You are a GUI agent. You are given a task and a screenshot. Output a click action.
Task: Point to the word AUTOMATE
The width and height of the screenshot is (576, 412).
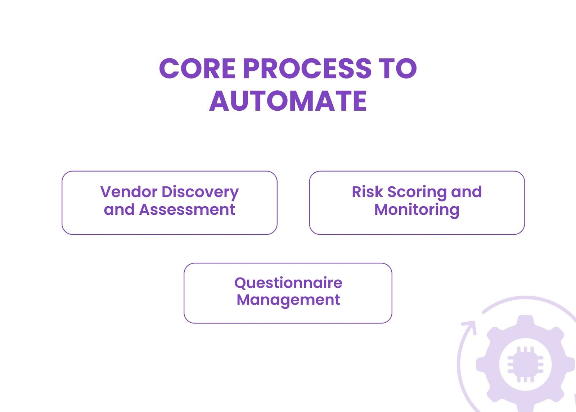pyautogui.click(x=288, y=101)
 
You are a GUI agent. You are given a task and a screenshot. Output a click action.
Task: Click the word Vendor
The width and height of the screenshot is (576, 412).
pyautogui.click(x=129, y=192)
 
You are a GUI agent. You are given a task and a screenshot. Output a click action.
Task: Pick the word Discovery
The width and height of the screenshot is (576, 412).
pyautogui.click(x=200, y=192)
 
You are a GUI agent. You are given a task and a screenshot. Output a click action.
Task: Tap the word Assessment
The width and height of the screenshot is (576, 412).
pyautogui.click(x=187, y=210)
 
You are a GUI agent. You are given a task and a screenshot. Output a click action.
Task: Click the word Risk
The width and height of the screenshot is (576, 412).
pyautogui.click(x=367, y=192)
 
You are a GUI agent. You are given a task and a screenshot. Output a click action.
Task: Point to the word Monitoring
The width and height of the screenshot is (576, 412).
pyautogui.click(x=417, y=210)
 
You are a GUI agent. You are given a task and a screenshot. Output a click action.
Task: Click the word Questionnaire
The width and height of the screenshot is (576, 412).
pyautogui.click(x=288, y=283)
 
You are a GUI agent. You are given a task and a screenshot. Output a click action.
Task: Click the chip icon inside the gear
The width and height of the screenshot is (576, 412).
pyautogui.click(x=525, y=364)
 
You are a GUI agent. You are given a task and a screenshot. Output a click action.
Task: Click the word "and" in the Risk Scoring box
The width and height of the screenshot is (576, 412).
pyautogui.click(x=466, y=192)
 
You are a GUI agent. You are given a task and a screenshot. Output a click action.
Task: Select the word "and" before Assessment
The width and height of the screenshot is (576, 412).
pyautogui.click(x=119, y=210)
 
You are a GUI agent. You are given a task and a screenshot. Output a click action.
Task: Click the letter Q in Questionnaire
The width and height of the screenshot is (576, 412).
pyautogui.click(x=240, y=283)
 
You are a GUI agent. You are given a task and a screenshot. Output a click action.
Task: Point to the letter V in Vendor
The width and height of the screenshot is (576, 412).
pyautogui.click(x=106, y=192)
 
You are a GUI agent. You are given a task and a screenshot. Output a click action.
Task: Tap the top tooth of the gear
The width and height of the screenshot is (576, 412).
pyautogui.click(x=526, y=321)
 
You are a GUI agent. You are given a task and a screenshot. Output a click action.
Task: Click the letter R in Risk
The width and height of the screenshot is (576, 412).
pyautogui.click(x=356, y=192)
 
